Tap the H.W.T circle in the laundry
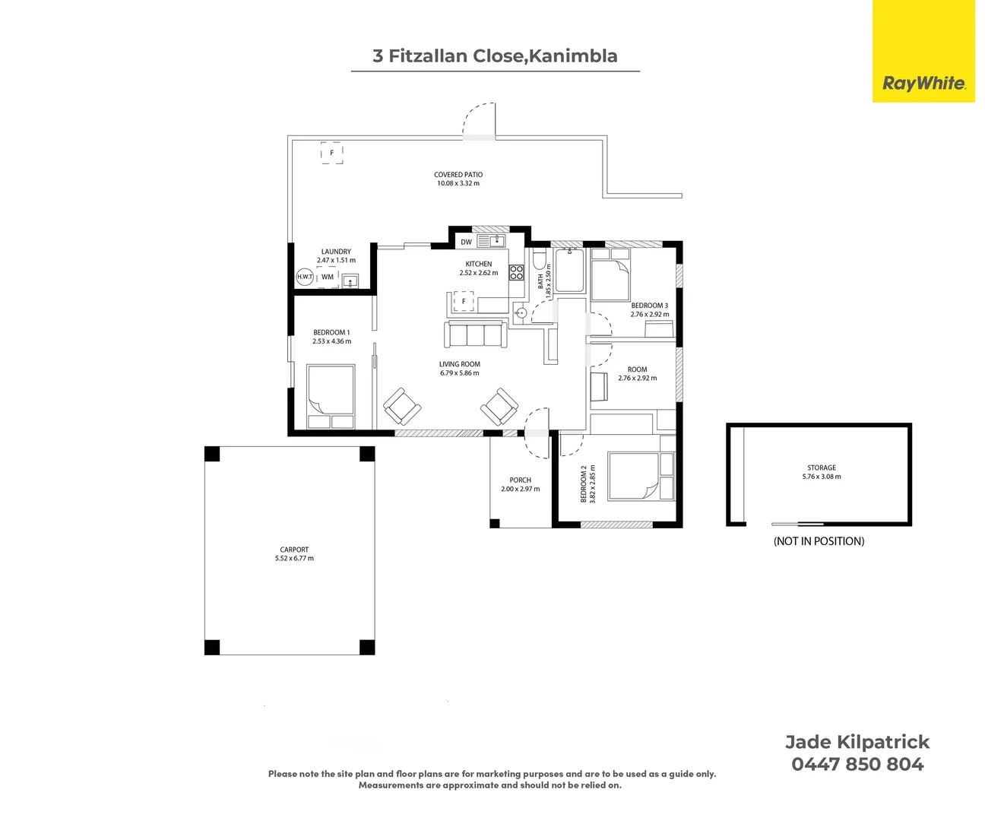(305, 277)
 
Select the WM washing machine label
(328, 277)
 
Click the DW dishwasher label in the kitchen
(466, 242)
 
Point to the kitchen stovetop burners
(516, 273)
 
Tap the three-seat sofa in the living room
(476, 334)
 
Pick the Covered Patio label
(458, 175)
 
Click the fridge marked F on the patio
(332, 153)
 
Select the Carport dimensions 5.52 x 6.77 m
(294, 558)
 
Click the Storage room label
(822, 468)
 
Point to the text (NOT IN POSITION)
(819, 541)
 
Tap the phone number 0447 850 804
(857, 765)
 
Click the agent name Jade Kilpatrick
(857, 742)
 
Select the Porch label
(521, 480)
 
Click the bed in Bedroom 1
(331, 396)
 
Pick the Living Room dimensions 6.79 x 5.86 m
(460, 372)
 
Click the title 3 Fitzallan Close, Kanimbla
(495, 55)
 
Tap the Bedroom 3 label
(650, 306)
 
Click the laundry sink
(350, 281)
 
